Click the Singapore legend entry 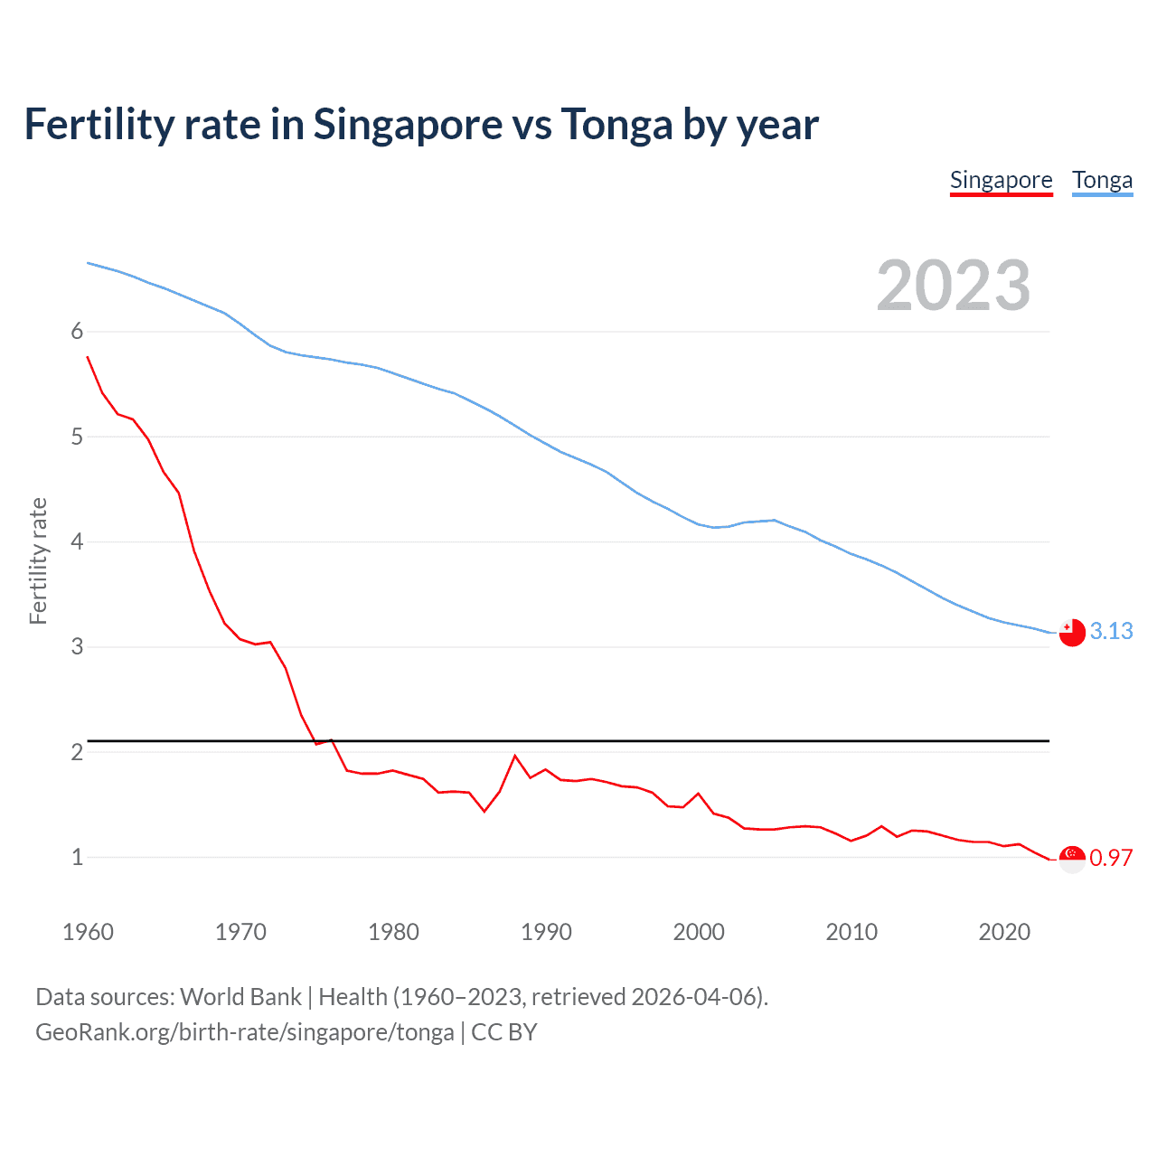(x=1001, y=181)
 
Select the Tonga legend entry (x=1102, y=181)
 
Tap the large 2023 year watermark (x=953, y=286)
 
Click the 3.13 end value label (x=1111, y=631)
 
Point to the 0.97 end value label (x=1111, y=858)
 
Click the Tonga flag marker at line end (x=1072, y=633)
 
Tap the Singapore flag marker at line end (x=1072, y=859)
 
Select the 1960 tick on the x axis (x=88, y=932)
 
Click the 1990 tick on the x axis (x=546, y=932)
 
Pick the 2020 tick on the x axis (x=1004, y=932)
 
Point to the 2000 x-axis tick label (x=699, y=932)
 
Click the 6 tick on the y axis (x=77, y=332)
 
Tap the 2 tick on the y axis (x=77, y=752)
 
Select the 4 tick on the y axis (x=77, y=542)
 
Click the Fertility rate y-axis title (x=38, y=560)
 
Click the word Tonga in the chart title (x=616, y=124)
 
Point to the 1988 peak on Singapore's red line (x=515, y=756)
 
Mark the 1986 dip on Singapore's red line (x=484, y=811)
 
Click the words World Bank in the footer (x=240, y=997)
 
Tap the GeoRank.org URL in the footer (x=244, y=1032)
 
